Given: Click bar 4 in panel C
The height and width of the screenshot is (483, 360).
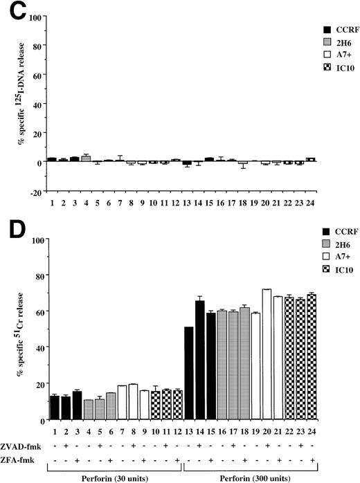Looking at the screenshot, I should click(86, 158).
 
